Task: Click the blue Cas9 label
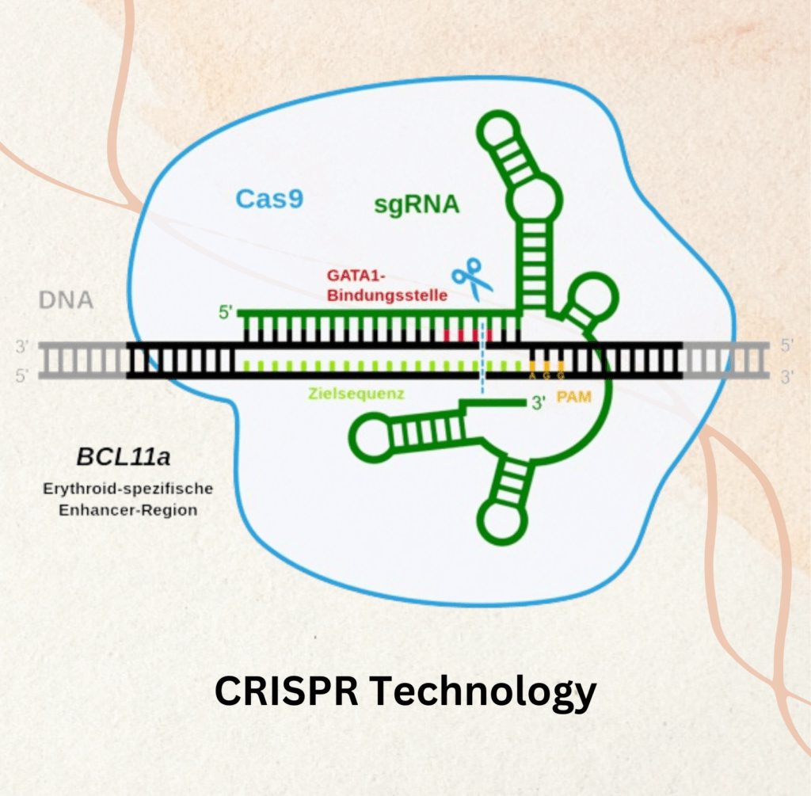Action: pyautogui.click(x=268, y=198)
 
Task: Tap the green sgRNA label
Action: pyautogui.click(x=417, y=205)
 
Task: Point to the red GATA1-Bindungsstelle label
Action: pyautogui.click(x=387, y=286)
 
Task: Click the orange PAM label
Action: pyautogui.click(x=574, y=397)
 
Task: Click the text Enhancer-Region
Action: pyautogui.click(x=128, y=511)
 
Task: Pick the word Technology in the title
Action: pyautogui.click(x=485, y=693)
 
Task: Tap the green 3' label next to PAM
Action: pyautogui.click(x=539, y=403)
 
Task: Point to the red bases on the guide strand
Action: pyautogui.click(x=467, y=334)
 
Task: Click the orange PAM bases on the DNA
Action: pyautogui.click(x=546, y=367)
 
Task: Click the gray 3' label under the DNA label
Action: pyautogui.click(x=21, y=346)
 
